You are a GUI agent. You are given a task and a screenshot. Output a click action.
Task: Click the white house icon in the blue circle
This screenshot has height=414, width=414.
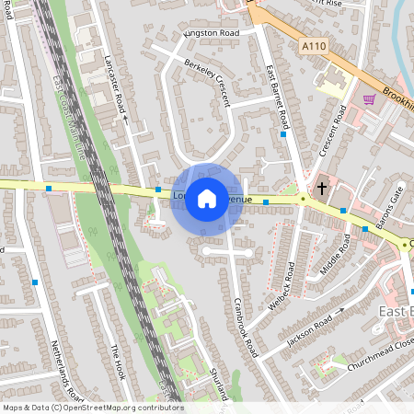pos(207,197)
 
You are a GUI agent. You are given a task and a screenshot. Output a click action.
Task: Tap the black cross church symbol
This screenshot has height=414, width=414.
pos(322,188)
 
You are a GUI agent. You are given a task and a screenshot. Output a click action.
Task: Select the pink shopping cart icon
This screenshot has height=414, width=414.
pos(369,100)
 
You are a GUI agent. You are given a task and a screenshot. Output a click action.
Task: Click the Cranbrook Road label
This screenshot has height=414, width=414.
pos(245,327)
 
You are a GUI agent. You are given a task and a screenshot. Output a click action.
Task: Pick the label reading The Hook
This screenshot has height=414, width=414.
pos(117,362)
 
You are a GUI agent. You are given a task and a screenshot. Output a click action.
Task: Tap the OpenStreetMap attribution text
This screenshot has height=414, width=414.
pos(92,408)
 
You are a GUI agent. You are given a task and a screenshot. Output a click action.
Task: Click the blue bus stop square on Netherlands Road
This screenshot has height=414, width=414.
pos(35,282)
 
